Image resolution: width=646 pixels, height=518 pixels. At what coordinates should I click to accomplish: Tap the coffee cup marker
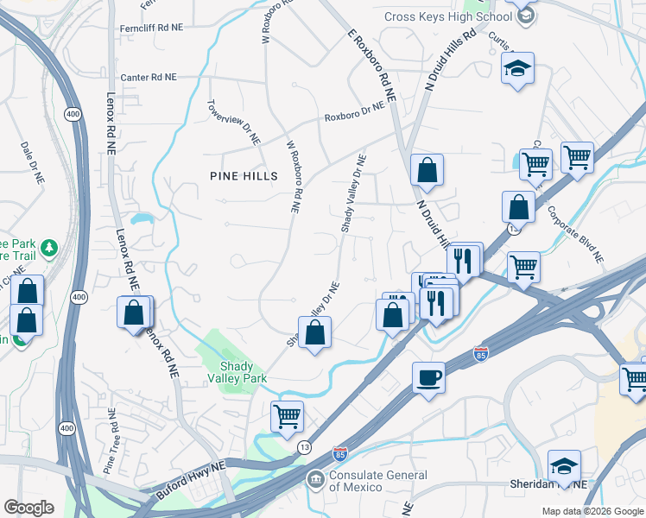(428, 378)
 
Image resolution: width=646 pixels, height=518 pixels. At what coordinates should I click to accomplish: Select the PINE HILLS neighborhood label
(244, 176)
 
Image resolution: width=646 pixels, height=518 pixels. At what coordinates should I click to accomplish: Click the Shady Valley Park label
(237, 372)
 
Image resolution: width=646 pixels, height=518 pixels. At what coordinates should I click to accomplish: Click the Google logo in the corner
(28, 508)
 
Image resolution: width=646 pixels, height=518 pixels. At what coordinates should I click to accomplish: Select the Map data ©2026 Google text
(592, 511)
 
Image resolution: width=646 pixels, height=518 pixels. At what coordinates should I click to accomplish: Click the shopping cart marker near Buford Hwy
(288, 416)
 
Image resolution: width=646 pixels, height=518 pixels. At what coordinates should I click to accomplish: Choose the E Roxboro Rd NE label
(371, 66)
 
